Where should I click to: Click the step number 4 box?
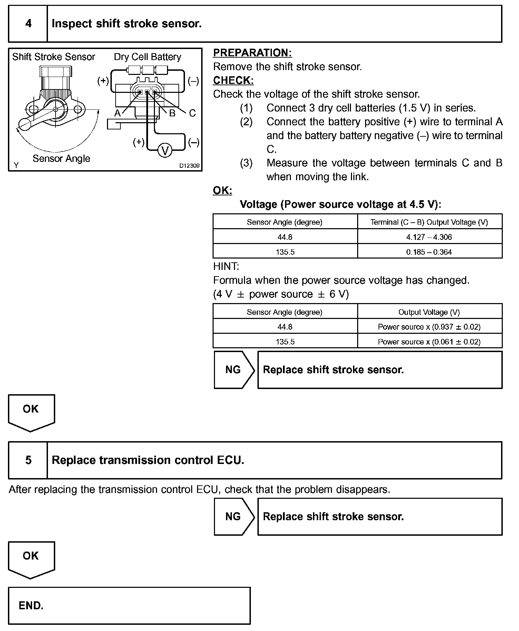point(28,24)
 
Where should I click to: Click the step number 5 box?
point(28,460)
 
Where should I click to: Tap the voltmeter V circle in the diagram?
point(165,151)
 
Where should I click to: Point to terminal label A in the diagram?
point(118,113)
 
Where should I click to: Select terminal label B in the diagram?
point(172,113)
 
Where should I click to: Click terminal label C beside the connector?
point(192,113)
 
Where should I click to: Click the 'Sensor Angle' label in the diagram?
point(61,158)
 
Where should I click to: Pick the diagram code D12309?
point(189,166)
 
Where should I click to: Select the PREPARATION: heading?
point(252,53)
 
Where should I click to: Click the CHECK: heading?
point(233,80)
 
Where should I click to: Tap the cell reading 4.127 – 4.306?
point(429,237)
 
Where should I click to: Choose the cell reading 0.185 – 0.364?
point(429,252)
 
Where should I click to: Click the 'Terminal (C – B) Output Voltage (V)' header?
point(429,222)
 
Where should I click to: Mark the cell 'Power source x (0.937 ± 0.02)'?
point(429,327)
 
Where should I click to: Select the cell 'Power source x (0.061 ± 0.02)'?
point(429,342)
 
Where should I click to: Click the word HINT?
point(226,266)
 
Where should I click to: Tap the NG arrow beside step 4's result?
point(234,370)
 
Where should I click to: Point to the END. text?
point(31,605)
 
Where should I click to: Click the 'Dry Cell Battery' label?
point(147,57)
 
